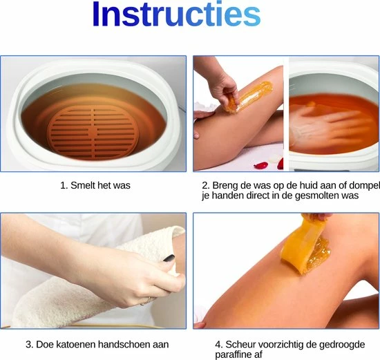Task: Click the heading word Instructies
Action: [x=176, y=14]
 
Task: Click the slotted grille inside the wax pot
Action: [x=93, y=133]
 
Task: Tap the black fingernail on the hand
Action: [x=169, y=258]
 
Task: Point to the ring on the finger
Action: [x=144, y=302]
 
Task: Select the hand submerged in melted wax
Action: [x=327, y=126]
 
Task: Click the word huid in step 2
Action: [x=309, y=185]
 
